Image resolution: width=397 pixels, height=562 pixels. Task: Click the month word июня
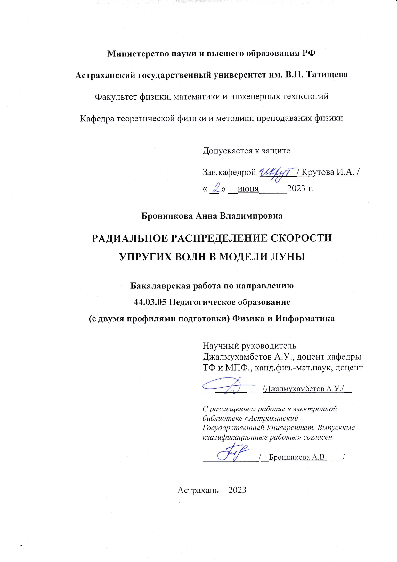point(248,189)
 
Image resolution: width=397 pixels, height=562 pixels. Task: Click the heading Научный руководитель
point(249,346)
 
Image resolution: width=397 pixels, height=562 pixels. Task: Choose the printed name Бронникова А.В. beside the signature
point(298,457)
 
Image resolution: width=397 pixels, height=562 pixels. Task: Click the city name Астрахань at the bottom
point(198,490)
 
